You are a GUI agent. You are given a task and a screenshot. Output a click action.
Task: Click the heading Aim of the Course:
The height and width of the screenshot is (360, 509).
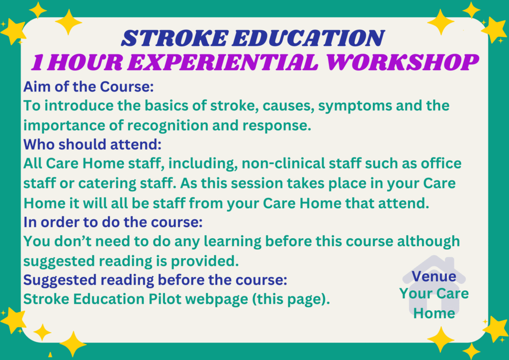tap(88, 87)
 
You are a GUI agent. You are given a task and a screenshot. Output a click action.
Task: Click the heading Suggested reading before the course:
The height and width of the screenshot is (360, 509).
tap(155, 280)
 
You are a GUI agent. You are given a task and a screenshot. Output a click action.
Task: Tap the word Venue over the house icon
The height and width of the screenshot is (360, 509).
tap(434, 276)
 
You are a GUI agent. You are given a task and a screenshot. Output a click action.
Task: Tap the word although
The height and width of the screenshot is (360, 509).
tap(428, 241)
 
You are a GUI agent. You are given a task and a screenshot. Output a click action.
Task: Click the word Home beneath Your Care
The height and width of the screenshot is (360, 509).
tap(434, 313)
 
